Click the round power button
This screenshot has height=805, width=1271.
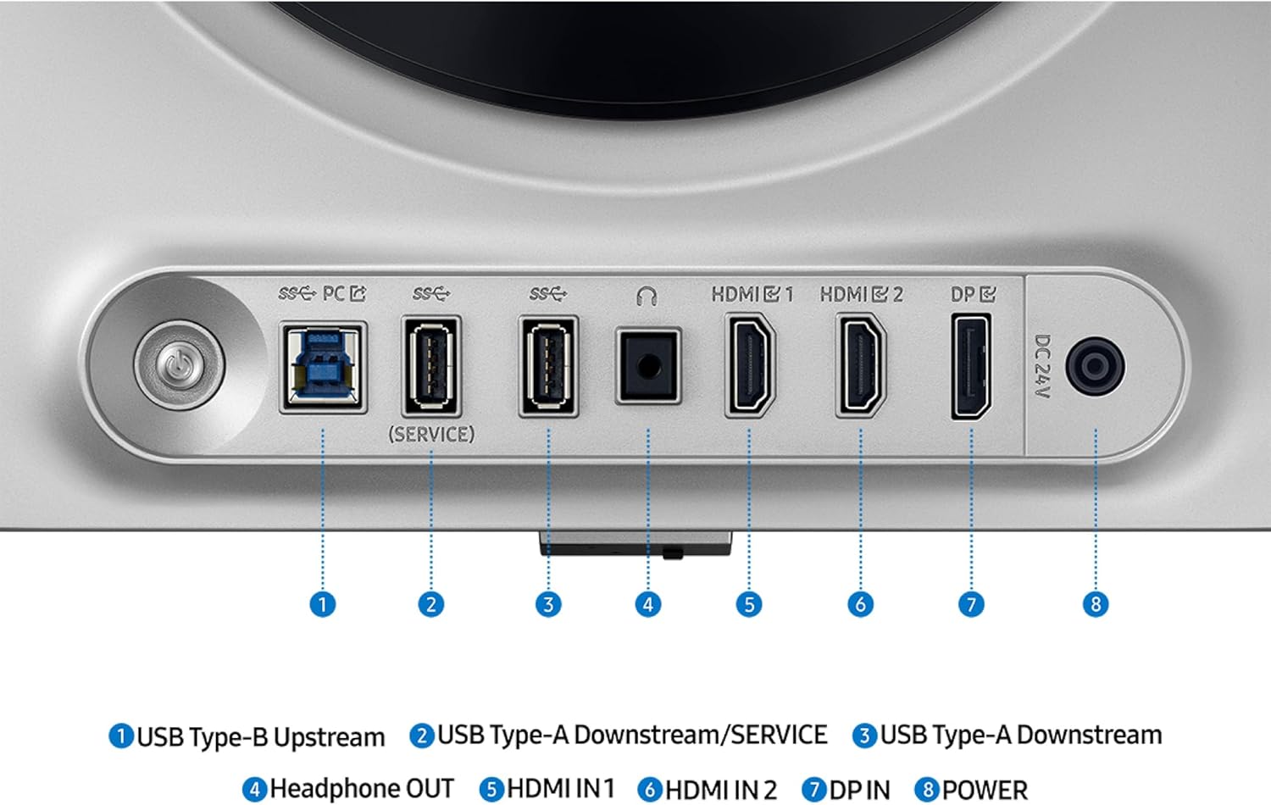click(180, 364)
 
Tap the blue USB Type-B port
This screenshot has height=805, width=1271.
click(324, 367)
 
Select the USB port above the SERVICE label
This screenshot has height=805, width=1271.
click(431, 366)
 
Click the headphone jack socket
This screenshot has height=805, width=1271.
click(648, 366)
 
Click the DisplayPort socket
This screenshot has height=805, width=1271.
click(971, 366)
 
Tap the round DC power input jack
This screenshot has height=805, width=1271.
click(1095, 366)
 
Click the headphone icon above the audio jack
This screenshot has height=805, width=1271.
click(647, 296)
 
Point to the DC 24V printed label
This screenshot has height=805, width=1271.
click(1043, 366)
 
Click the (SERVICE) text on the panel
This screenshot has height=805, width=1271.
click(431, 435)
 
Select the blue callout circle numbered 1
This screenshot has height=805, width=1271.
click(323, 604)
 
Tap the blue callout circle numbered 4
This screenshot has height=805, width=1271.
click(648, 604)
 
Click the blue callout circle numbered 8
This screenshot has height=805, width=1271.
click(1096, 604)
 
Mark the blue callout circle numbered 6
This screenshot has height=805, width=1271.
click(861, 604)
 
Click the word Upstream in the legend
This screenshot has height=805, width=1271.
click(329, 737)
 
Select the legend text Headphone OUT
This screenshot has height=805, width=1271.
click(362, 789)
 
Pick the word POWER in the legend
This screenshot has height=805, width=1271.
click(985, 790)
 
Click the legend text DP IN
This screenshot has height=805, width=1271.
click(860, 790)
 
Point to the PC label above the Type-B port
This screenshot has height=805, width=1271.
click(334, 294)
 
